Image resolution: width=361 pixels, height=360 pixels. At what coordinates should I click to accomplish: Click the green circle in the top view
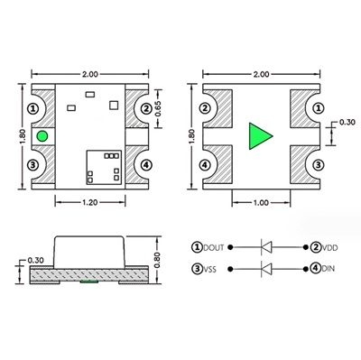point(42,136)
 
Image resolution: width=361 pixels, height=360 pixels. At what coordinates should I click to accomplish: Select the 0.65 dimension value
point(159,108)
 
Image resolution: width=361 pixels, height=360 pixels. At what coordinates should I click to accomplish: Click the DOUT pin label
point(215,246)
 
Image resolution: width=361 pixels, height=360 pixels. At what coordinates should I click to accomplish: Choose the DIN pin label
point(328,269)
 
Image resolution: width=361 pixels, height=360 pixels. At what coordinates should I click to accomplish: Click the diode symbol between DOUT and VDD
point(268,246)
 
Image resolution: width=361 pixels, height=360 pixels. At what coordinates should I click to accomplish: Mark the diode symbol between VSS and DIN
point(268,269)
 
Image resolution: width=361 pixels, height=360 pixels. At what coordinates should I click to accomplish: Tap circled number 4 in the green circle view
point(147,165)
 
